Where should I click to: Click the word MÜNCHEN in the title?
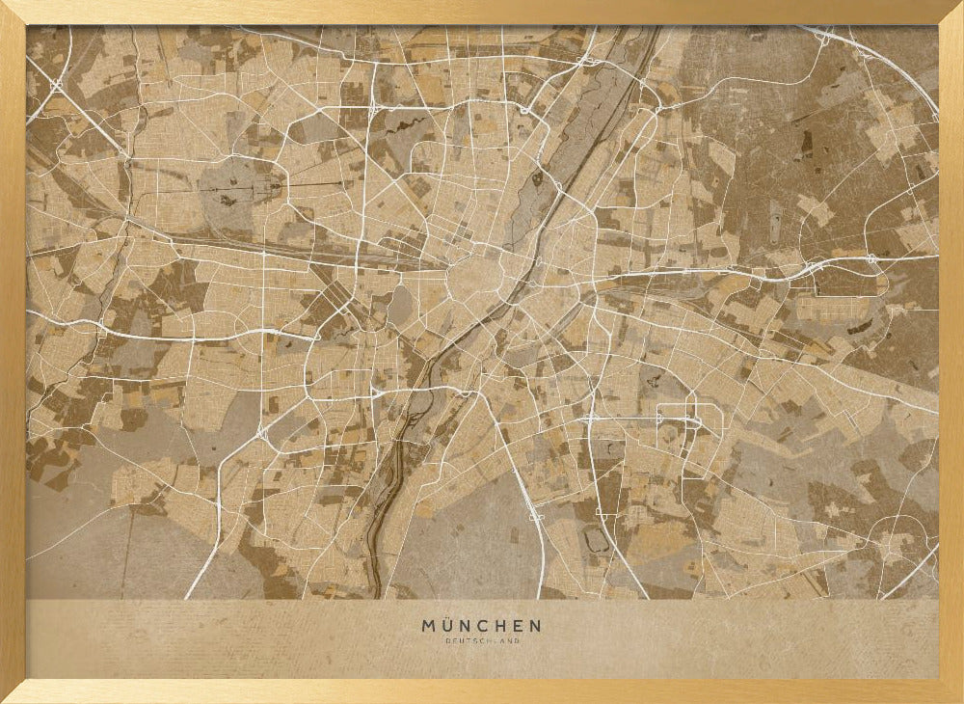(x=481, y=626)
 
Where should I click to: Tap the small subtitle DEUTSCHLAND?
(x=481, y=641)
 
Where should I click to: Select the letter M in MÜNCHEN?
(x=428, y=626)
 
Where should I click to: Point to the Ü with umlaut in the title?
(x=447, y=625)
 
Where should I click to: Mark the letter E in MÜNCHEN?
(x=518, y=626)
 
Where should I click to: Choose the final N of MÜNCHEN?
(x=534, y=626)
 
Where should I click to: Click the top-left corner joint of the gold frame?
(x=13, y=13)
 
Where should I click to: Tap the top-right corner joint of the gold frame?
(x=951, y=13)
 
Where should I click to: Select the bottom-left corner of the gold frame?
(x=13, y=691)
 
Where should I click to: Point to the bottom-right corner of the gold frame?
(x=951, y=691)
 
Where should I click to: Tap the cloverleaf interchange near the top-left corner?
(x=56, y=86)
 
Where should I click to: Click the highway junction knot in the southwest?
(x=262, y=434)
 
